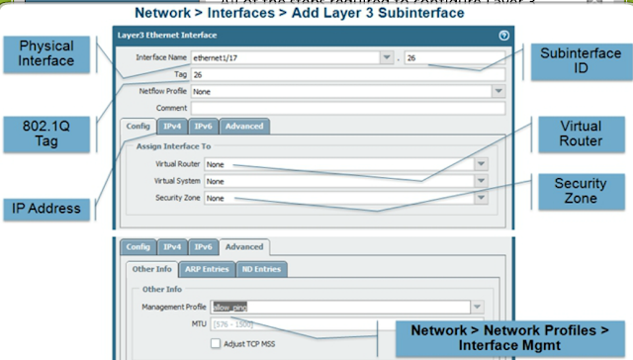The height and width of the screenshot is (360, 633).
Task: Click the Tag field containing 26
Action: point(346,74)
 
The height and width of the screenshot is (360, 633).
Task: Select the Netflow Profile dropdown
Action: point(346,91)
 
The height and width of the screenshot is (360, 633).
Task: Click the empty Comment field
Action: point(346,107)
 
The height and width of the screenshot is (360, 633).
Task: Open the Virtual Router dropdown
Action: point(346,165)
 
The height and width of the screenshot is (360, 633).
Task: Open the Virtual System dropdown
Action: point(346,182)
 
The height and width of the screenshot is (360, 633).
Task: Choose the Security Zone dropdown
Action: point(346,198)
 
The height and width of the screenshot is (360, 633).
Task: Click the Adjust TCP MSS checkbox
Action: point(215,343)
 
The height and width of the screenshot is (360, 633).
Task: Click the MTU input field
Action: point(237,324)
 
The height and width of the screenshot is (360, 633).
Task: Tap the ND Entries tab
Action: point(262,269)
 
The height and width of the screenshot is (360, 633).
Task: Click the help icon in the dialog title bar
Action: point(504,35)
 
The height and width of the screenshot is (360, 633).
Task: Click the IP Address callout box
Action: point(47,210)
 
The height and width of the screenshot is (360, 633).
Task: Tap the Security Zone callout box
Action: point(581,191)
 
